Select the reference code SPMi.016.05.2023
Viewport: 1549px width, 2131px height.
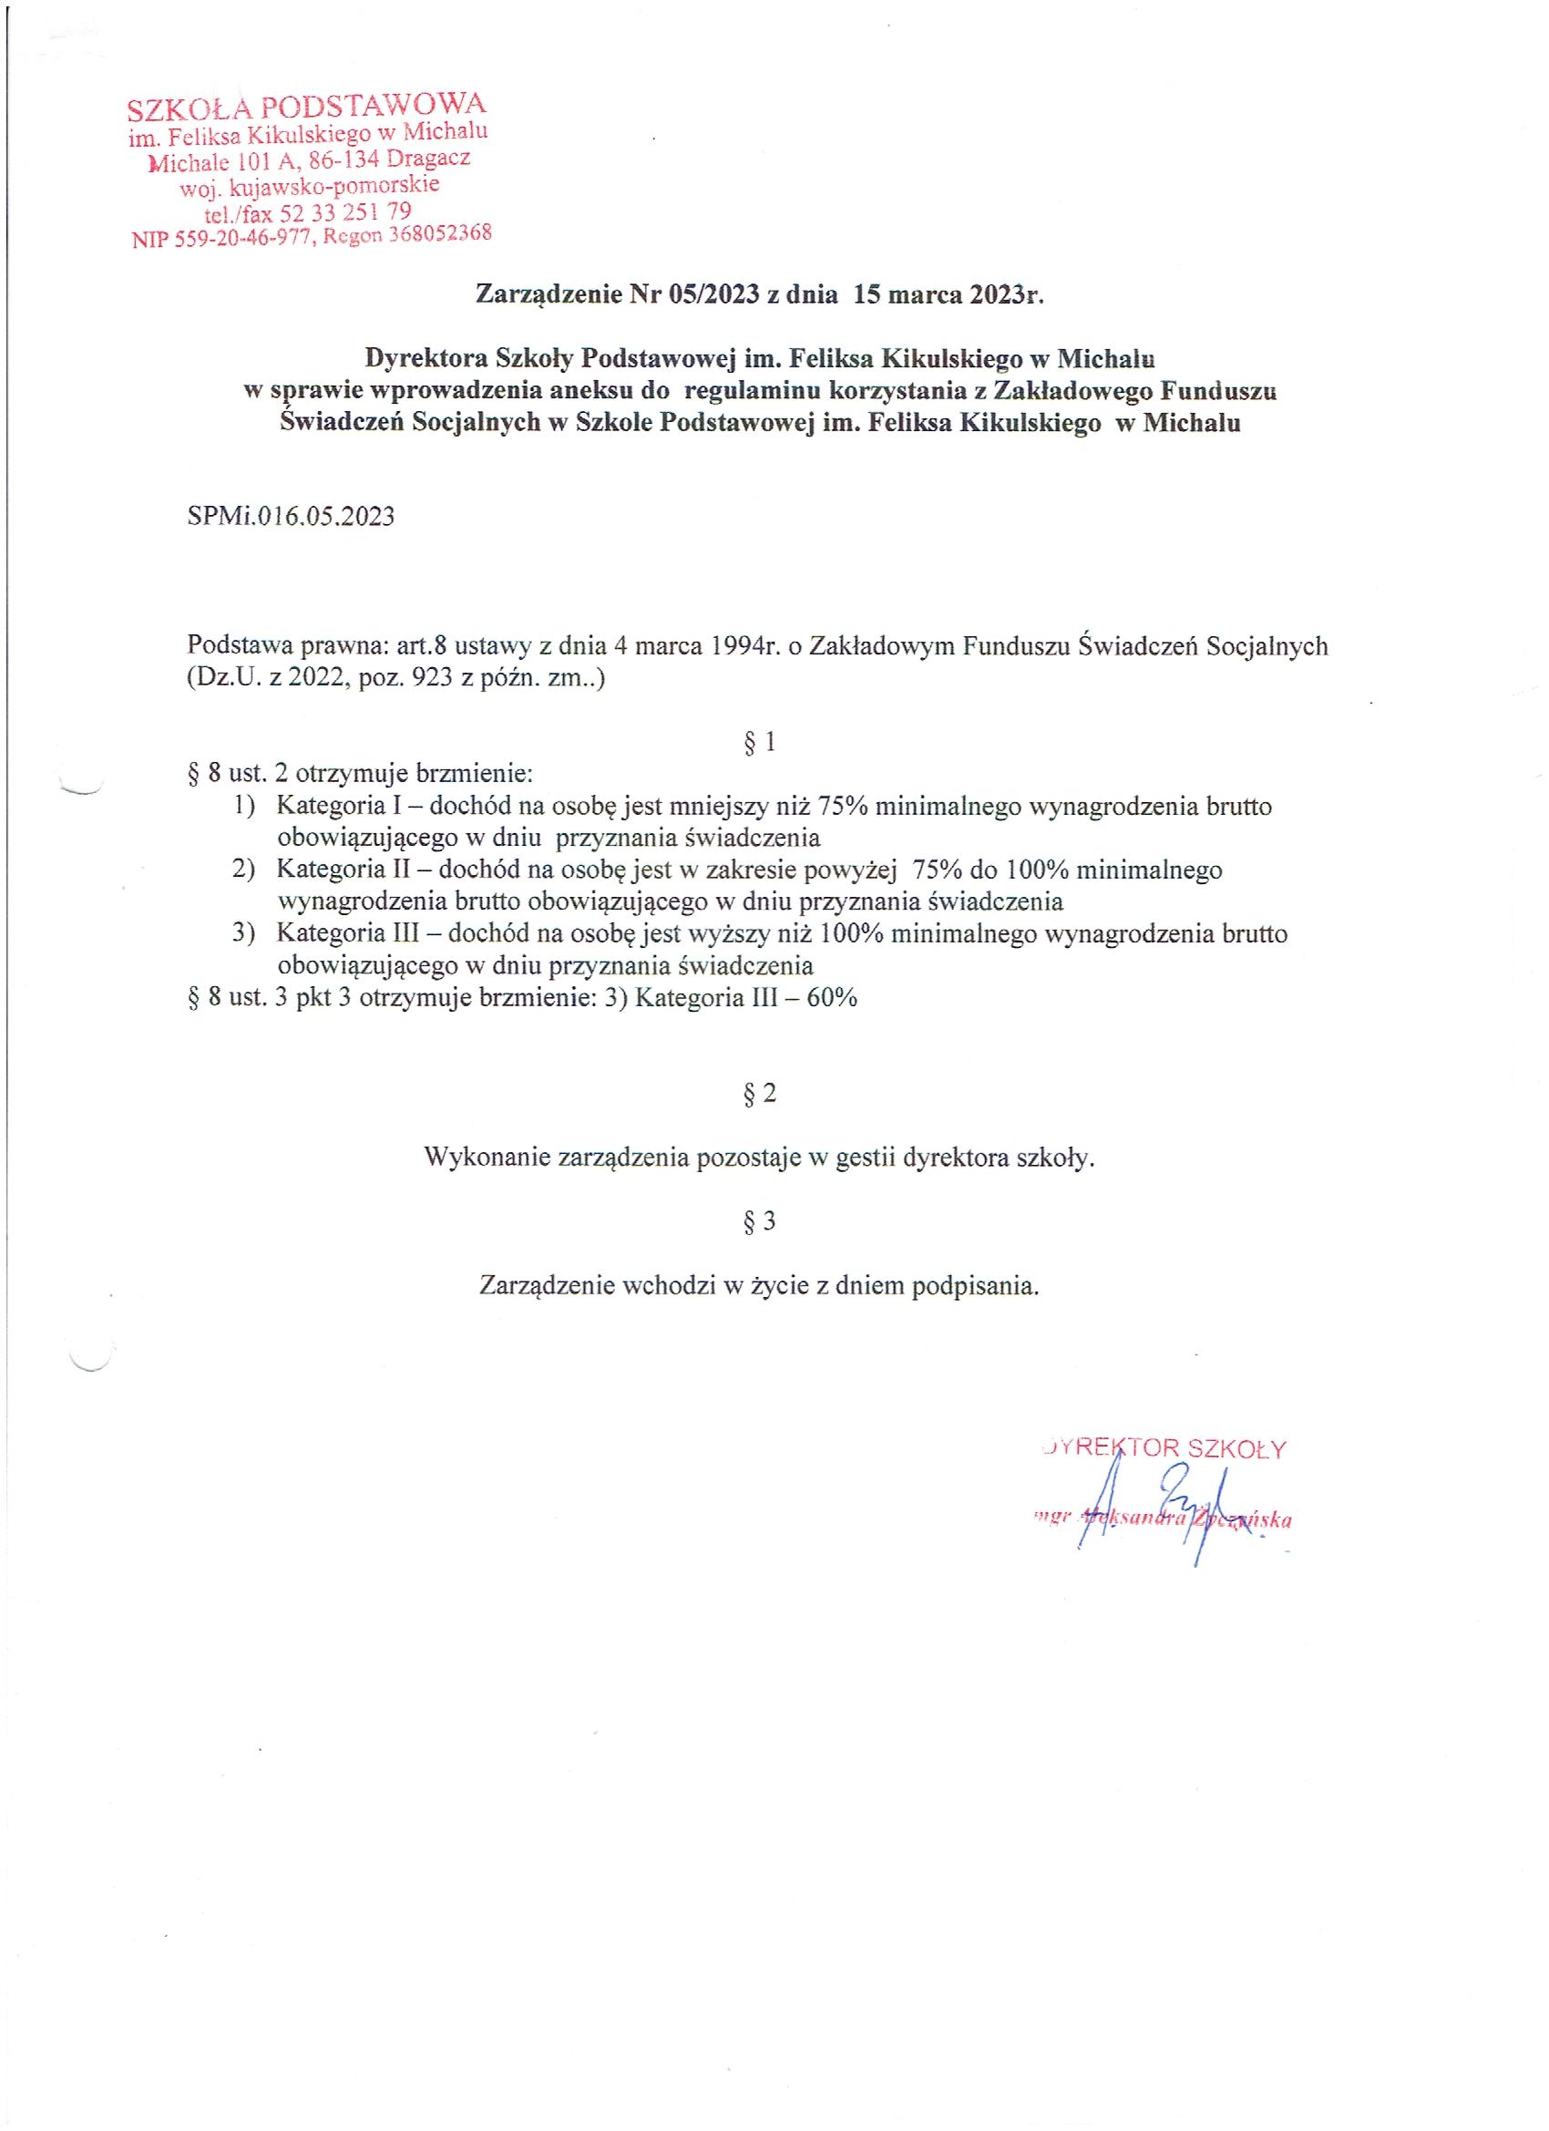click(x=291, y=517)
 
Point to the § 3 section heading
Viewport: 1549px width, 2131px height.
click(x=759, y=1221)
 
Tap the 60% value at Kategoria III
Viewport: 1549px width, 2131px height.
click(x=831, y=998)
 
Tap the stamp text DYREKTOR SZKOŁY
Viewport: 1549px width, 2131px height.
click(x=1164, y=1448)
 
